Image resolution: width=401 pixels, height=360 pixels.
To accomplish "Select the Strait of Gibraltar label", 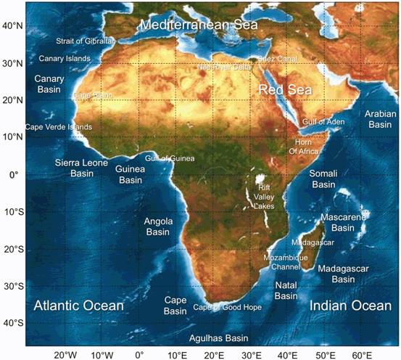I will (x=86, y=41).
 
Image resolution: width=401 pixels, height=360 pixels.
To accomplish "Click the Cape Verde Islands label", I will (x=59, y=127).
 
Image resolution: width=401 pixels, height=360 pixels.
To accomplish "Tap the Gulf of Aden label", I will (x=323, y=121).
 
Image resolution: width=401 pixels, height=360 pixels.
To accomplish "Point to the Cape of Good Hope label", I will (x=228, y=308).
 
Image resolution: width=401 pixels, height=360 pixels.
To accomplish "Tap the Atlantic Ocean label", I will (x=78, y=306).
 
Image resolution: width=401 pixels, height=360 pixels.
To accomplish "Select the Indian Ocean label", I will (x=350, y=306).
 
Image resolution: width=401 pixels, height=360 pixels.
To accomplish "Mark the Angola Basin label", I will (x=157, y=226).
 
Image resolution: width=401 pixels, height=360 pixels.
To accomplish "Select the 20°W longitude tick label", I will (x=65, y=353).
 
